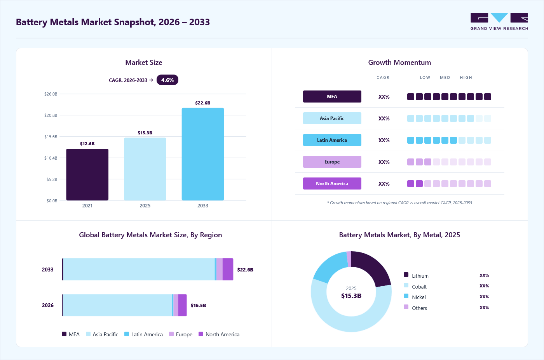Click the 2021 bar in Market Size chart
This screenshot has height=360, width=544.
87,174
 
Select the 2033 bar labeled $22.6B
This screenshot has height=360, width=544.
203,154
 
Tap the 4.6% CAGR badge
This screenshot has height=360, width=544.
167,80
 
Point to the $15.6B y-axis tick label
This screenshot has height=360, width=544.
51,137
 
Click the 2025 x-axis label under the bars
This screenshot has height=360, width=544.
145,205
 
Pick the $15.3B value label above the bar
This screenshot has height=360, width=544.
145,133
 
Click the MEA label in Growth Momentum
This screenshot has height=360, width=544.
332,97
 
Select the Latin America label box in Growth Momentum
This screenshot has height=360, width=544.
332,140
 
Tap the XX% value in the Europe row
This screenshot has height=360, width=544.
384,162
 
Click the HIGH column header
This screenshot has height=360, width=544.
466,77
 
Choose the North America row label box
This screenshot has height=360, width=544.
332,184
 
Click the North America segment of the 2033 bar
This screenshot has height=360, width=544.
228,270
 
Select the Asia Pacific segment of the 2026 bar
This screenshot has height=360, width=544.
117,305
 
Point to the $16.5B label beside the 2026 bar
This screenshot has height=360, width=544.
198,305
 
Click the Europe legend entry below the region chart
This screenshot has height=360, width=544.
181,334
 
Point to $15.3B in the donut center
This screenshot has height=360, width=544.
351,296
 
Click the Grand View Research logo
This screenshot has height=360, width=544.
499,22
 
